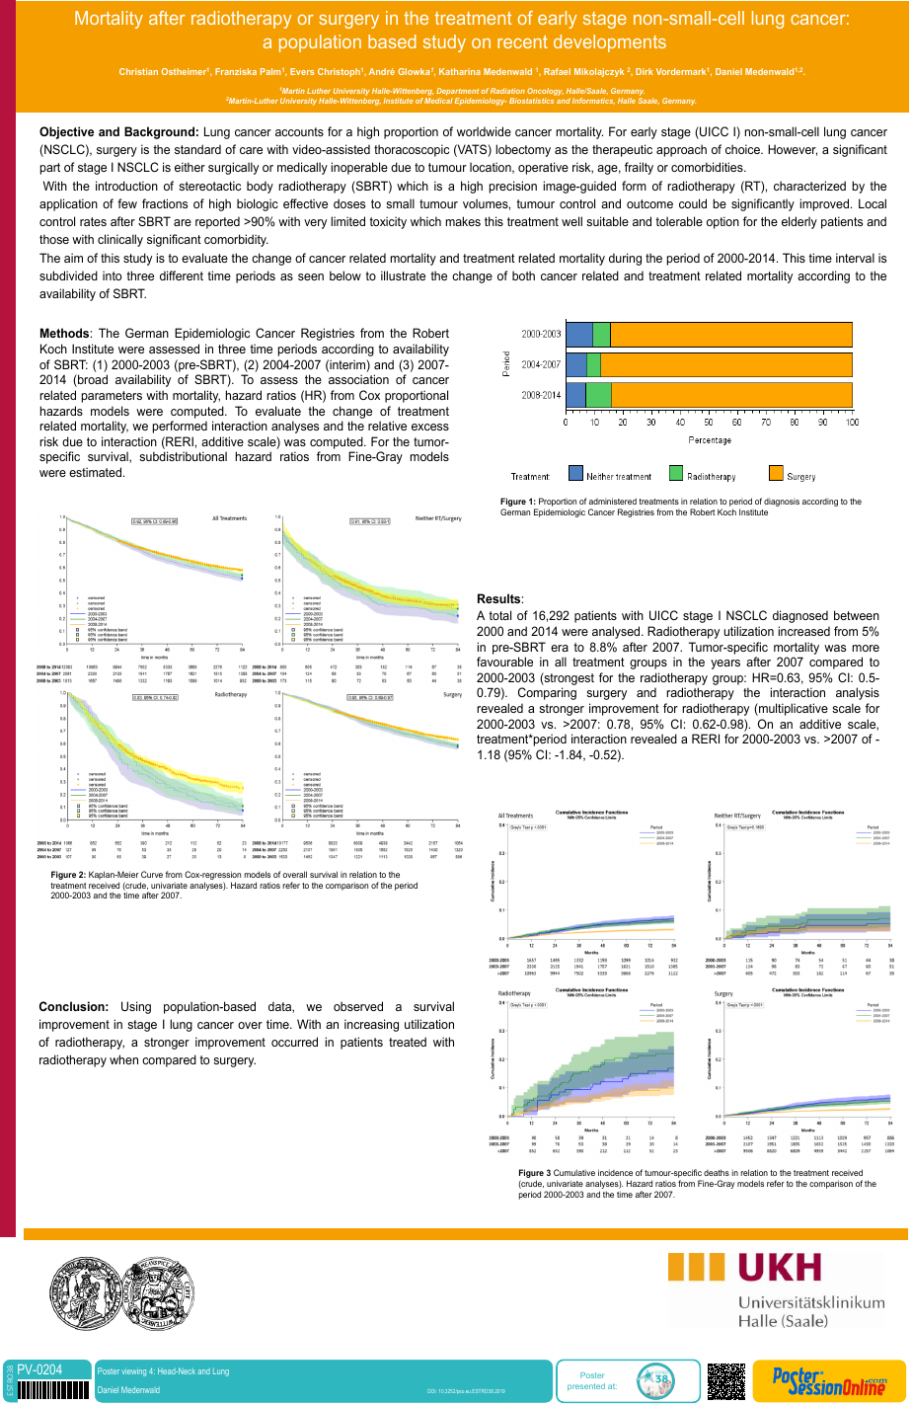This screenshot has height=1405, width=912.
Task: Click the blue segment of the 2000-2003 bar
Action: tap(579, 335)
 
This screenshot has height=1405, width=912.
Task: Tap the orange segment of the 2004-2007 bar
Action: tap(725, 365)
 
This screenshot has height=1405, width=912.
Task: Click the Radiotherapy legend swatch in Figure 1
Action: tap(677, 475)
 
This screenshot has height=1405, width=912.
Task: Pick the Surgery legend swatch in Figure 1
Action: tap(775, 475)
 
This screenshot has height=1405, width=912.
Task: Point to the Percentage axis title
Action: tap(709, 439)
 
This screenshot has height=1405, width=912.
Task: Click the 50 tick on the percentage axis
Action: tap(709, 422)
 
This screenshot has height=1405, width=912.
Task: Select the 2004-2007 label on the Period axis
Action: tap(541, 365)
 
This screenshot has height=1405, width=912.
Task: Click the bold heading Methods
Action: tap(64, 334)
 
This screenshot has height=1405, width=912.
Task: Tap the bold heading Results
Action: tap(499, 599)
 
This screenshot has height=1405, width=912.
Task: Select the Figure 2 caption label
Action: tap(68, 875)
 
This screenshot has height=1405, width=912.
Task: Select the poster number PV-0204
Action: tap(39, 1369)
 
